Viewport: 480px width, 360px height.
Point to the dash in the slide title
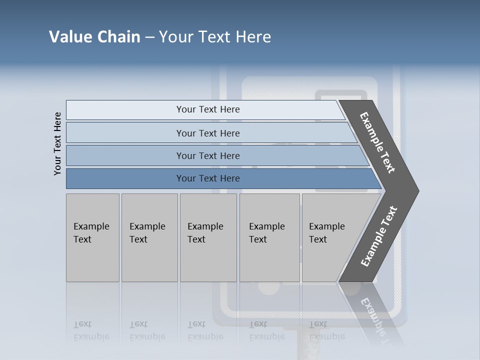click(x=149, y=37)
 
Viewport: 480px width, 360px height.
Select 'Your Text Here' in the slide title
click(x=215, y=37)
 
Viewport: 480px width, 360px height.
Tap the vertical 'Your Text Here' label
click(x=57, y=143)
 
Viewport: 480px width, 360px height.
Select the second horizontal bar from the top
click(x=207, y=133)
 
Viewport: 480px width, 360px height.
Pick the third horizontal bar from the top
click(x=207, y=155)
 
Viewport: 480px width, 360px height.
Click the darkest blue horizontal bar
click(x=207, y=178)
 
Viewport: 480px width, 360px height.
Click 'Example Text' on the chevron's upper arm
click(x=378, y=142)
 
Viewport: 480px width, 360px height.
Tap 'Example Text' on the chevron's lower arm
click(x=379, y=236)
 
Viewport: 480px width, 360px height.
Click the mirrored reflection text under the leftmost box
click(x=91, y=330)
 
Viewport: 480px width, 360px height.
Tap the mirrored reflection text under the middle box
click(x=205, y=330)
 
